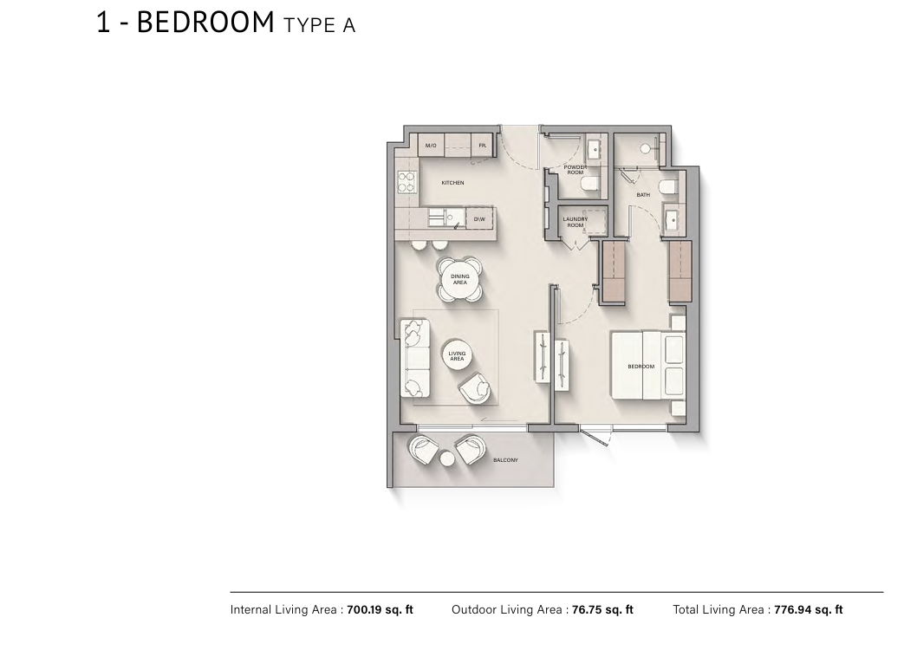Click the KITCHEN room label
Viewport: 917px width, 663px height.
452,183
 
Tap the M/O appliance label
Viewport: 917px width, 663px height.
431,146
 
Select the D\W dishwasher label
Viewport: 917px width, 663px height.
479,219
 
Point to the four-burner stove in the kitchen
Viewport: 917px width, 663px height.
406,182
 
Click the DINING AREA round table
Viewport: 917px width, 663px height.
460,279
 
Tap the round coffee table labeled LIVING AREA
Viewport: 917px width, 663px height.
457,355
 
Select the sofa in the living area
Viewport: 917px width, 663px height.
414,358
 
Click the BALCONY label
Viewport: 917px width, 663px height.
505,460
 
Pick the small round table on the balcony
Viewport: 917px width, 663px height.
447,459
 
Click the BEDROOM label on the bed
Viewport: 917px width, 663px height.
641,367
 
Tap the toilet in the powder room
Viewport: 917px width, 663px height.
589,185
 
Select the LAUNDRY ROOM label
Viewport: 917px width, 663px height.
576,222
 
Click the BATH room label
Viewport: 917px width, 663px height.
643,195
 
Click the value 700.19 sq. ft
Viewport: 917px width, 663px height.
380,610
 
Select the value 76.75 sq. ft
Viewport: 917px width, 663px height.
602,610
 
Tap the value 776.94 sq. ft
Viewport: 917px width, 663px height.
808,610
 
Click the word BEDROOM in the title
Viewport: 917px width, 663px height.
205,23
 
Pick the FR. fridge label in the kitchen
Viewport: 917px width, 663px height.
483,146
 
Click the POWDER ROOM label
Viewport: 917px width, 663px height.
576,170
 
